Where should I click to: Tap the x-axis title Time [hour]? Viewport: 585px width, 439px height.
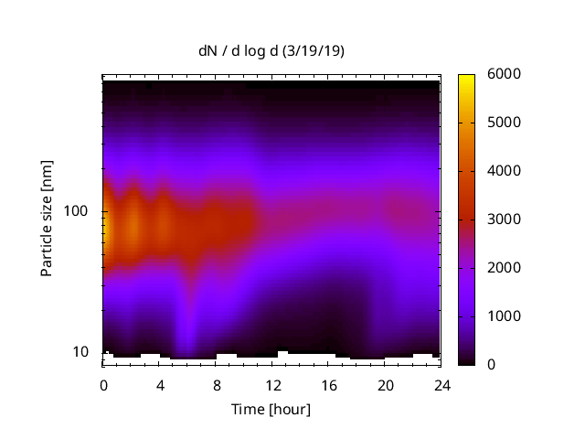(x=271, y=409)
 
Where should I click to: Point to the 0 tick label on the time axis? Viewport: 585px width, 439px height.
(x=103, y=384)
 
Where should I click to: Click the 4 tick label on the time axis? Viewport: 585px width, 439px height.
(x=159, y=384)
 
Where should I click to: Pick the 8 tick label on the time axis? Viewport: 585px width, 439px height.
(x=216, y=384)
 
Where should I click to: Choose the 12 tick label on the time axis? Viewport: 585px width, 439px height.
(x=271, y=384)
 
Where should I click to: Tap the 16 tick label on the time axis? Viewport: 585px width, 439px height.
(x=328, y=384)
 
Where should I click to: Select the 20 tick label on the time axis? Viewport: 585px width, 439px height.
(x=385, y=384)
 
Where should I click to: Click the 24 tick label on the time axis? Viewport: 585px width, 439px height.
(x=441, y=384)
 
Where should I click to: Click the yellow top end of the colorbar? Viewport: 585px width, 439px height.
(x=466, y=79)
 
